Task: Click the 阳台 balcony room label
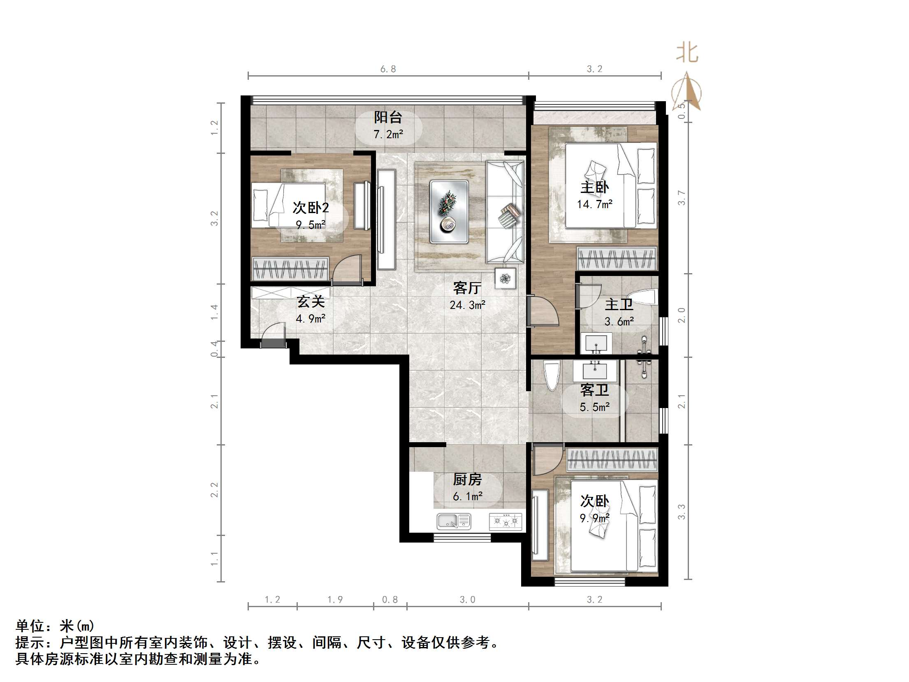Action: tap(388, 118)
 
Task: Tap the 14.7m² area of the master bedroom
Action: tap(595, 204)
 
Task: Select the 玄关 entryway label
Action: tap(311, 302)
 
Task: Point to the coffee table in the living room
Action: tap(449, 211)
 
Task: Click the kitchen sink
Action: tap(454, 522)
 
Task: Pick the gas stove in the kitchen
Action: tap(506, 522)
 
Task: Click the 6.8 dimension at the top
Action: tap(388, 69)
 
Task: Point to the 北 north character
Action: tap(687, 53)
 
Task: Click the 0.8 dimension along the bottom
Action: tap(390, 600)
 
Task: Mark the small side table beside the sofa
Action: tap(506, 278)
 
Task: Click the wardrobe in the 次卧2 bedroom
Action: tap(290, 269)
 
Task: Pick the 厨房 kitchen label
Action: tap(467, 480)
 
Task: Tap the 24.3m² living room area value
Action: tap(468, 305)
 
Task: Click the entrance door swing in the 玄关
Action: tap(273, 334)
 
